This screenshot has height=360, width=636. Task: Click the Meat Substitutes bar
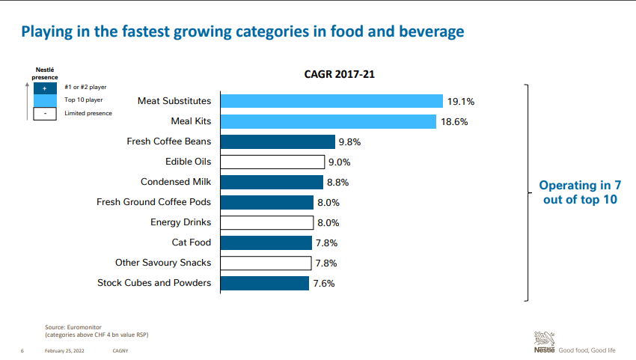[331, 101]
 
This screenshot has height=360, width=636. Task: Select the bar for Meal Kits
[328, 121]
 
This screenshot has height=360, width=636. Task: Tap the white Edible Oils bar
[272, 162]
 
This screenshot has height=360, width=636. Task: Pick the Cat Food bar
[265, 242]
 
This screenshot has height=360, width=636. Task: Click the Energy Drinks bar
[266, 222]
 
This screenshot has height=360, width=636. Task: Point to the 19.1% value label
[462, 101]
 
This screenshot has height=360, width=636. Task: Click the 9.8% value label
[350, 141]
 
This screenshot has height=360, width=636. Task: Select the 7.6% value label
[324, 284]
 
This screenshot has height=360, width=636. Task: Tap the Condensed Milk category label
[176, 182]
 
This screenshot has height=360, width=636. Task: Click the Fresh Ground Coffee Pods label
[154, 202]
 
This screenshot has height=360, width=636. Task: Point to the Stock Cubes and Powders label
[154, 283]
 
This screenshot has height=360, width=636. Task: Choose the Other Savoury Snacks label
[163, 263]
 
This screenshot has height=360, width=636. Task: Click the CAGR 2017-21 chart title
[340, 75]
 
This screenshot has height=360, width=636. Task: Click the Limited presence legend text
[88, 113]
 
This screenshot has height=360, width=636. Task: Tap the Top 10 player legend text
[84, 100]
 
